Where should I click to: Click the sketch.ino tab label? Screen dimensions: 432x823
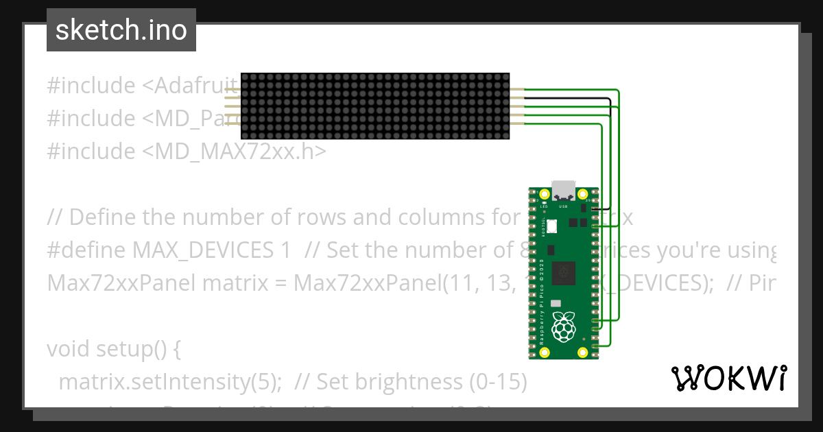[x=121, y=30]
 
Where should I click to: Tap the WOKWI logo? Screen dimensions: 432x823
[x=728, y=378]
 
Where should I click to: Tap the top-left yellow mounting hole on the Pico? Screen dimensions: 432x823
[x=545, y=194]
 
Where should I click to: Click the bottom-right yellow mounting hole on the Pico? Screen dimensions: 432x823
[x=582, y=352]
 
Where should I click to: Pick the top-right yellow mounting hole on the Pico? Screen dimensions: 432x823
[x=582, y=194]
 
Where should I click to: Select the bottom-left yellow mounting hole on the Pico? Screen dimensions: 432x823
[x=545, y=352]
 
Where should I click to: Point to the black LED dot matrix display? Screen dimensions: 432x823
[x=375, y=106]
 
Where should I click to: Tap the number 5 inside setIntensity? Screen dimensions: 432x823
[x=268, y=382]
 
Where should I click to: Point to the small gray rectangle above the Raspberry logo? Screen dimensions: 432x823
[x=556, y=302]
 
